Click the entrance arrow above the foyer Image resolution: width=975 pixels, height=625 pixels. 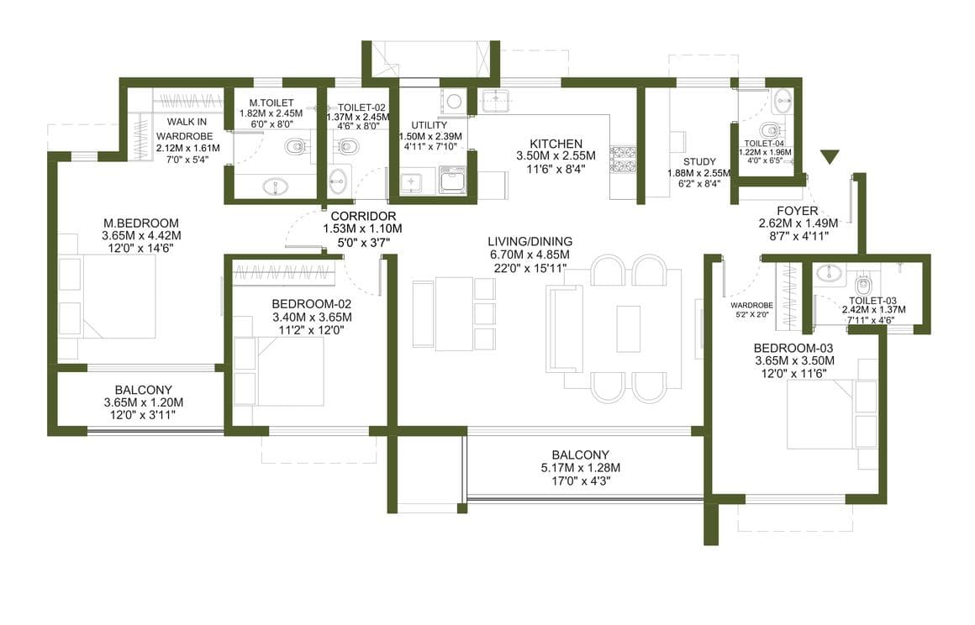point(830,157)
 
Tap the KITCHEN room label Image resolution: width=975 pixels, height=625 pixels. point(556,144)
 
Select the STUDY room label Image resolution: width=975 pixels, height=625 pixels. point(699,162)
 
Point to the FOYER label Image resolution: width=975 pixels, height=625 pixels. point(797,211)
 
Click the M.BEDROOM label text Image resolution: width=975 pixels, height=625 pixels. point(141,223)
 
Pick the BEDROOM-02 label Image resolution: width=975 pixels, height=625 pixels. point(312,304)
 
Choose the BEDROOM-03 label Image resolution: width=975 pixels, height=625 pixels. point(793,348)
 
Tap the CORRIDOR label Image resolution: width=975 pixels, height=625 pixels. point(363,216)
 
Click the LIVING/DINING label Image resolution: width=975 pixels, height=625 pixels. point(530,242)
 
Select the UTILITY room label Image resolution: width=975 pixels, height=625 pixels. point(429,125)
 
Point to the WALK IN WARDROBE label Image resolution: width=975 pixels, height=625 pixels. point(185,129)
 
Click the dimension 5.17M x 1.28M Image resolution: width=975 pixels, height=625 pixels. point(580,468)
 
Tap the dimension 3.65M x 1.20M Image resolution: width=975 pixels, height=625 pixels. point(144,402)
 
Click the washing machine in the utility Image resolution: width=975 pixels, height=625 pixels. point(453,180)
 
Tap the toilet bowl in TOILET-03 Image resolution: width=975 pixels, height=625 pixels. point(862,285)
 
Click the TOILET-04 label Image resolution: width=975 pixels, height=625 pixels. point(764,144)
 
